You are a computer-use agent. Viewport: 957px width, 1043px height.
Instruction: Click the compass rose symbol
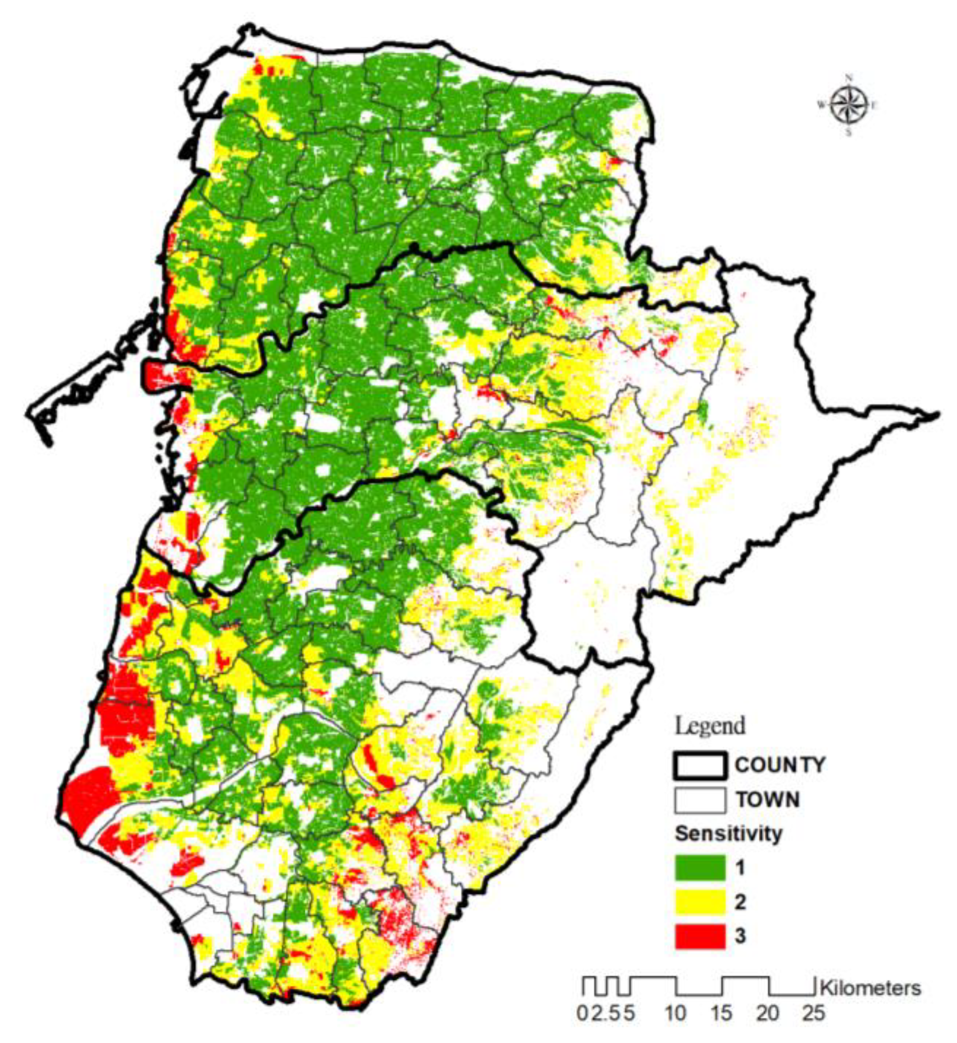(x=849, y=105)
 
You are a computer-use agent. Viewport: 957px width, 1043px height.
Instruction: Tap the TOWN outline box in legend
(x=700, y=800)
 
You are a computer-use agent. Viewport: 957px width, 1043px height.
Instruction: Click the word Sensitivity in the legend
(x=728, y=834)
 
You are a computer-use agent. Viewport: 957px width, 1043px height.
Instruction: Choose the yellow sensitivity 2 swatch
(x=700, y=902)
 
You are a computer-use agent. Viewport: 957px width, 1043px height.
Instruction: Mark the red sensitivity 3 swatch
(x=700, y=936)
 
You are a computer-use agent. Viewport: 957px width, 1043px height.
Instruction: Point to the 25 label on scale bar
(x=814, y=1013)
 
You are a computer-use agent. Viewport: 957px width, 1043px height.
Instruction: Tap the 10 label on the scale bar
(x=676, y=1013)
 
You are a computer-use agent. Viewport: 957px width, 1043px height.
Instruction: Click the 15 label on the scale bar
(x=722, y=1013)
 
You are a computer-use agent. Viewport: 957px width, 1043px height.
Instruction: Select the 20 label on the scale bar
(x=768, y=1013)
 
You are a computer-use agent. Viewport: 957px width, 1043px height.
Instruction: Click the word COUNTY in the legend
(x=780, y=765)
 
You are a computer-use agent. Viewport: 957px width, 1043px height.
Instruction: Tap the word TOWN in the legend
(x=768, y=800)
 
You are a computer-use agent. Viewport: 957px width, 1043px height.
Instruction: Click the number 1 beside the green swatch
(x=740, y=868)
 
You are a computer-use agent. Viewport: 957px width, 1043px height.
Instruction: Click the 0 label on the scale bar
(x=582, y=1013)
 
